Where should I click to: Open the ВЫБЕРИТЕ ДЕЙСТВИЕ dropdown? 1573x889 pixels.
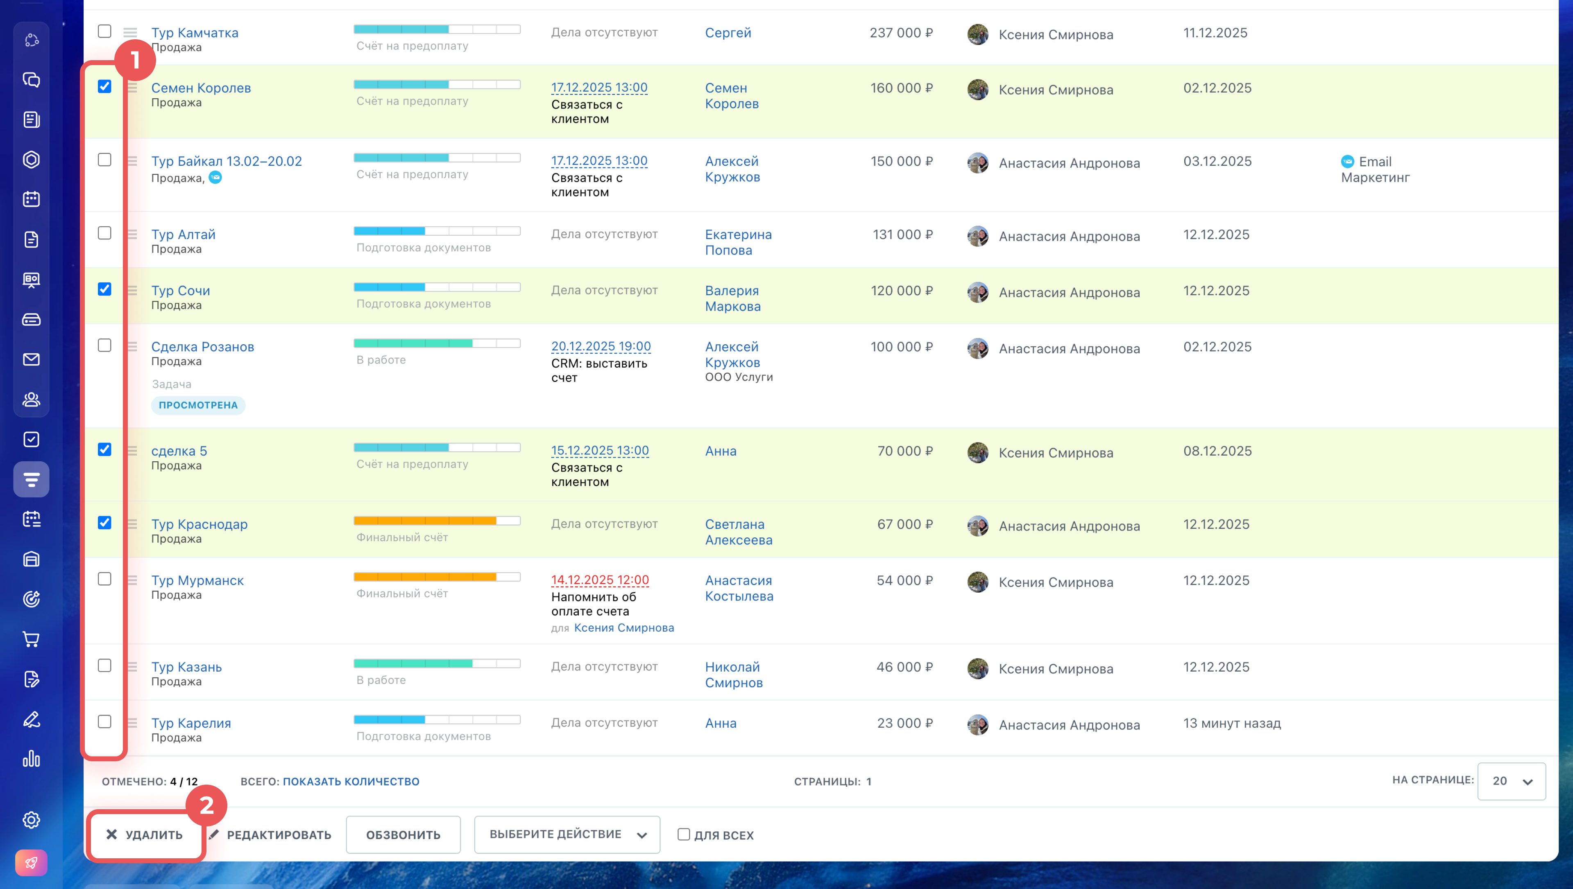click(567, 835)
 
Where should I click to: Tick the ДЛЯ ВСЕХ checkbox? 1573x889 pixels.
click(684, 834)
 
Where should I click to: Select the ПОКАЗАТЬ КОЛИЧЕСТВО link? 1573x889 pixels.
click(351, 781)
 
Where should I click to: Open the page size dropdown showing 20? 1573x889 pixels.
click(1511, 781)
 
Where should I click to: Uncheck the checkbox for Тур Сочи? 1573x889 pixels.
click(104, 289)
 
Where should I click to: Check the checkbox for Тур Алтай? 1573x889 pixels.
click(104, 233)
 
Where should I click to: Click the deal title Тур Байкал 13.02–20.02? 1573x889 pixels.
click(227, 161)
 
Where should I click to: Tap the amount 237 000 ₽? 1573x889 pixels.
click(901, 33)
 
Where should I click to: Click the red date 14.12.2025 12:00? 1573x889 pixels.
click(600, 580)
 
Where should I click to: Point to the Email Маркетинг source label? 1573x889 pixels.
click(1375, 169)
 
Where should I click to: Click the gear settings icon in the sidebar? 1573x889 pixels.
click(31, 819)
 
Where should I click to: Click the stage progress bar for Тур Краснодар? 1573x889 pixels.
click(437, 521)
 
